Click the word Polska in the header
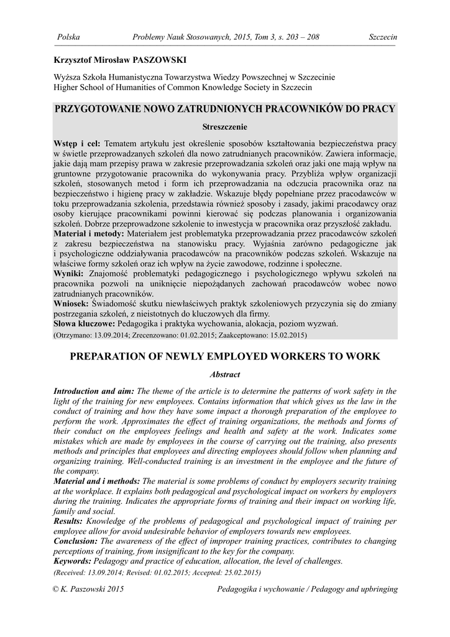[x=68, y=37]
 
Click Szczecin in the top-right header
[x=382, y=37]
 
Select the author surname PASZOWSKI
[x=158, y=60]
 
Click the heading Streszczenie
[x=225, y=127]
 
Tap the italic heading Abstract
[x=225, y=374]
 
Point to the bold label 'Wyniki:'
[x=70, y=273]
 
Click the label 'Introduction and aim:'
[x=94, y=391]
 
